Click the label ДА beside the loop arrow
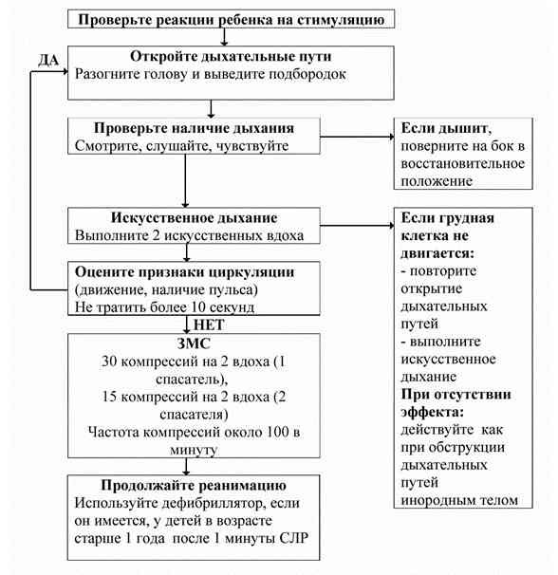(x=48, y=60)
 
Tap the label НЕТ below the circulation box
(x=209, y=325)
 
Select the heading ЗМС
(x=194, y=343)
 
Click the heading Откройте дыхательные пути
(x=231, y=56)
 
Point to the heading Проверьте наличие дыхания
(x=194, y=128)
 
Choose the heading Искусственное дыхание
(x=194, y=217)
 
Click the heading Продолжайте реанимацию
(x=194, y=485)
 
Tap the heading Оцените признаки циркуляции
(x=184, y=272)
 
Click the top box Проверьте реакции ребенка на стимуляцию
(x=232, y=19)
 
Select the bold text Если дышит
(x=446, y=128)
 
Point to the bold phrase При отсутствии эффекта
(x=456, y=403)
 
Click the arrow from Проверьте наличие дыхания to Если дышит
(x=357, y=138)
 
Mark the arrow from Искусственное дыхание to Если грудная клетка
(x=357, y=225)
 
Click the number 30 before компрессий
(x=109, y=362)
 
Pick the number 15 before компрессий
(x=109, y=397)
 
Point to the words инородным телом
(x=459, y=500)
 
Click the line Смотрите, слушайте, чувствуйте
(x=181, y=146)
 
